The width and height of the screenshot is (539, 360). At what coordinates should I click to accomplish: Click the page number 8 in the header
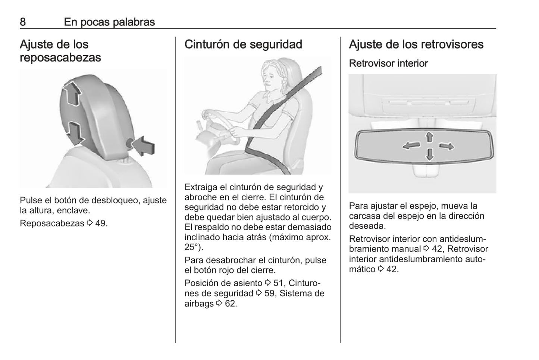(x=23, y=22)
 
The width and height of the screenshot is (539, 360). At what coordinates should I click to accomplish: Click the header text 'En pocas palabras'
(x=109, y=22)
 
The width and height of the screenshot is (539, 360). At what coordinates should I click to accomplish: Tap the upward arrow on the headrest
(x=72, y=93)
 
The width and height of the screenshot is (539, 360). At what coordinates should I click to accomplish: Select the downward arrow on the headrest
(x=75, y=133)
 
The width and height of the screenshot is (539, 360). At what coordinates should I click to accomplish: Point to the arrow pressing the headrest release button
(x=142, y=146)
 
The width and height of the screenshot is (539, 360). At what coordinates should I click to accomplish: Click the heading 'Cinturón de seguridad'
(x=243, y=44)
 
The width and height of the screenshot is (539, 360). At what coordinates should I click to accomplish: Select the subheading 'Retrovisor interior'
(x=388, y=63)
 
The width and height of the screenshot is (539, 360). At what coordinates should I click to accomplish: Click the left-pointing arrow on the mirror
(x=411, y=145)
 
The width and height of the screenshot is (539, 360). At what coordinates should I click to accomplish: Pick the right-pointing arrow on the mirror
(x=447, y=146)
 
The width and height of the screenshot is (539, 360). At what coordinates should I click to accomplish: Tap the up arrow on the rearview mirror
(x=429, y=137)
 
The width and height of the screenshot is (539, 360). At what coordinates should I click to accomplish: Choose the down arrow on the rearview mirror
(x=430, y=154)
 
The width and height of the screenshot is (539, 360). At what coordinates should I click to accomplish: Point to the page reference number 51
(x=278, y=283)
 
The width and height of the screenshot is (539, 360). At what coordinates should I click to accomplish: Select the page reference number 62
(x=230, y=303)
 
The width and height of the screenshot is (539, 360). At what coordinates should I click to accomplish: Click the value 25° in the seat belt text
(x=191, y=247)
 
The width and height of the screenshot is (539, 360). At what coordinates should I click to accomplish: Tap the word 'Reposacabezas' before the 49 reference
(x=52, y=223)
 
